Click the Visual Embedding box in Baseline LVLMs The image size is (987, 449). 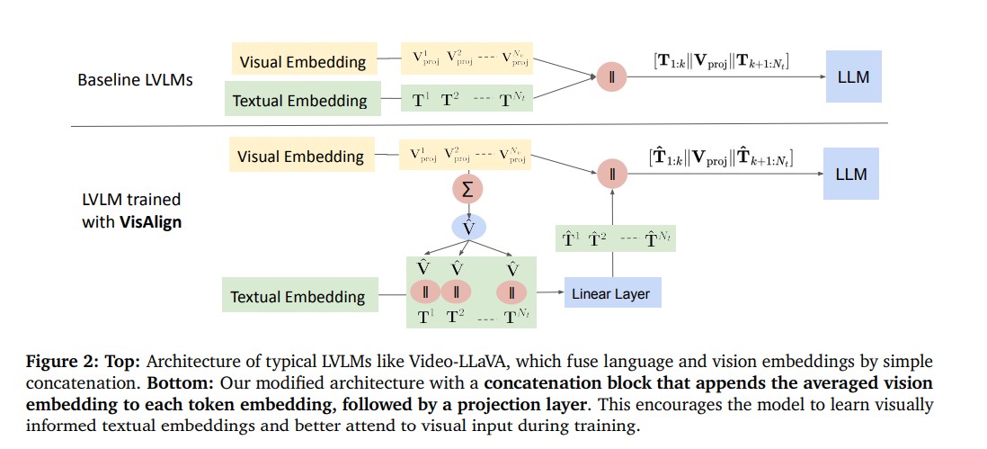(302, 61)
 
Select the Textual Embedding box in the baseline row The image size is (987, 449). (299, 100)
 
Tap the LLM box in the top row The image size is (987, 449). (852, 76)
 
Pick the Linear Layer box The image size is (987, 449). (610, 292)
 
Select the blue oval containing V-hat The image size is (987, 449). (467, 228)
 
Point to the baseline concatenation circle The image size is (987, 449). (611, 77)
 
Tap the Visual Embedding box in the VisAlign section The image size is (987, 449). (300, 156)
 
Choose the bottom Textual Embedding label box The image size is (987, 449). (298, 296)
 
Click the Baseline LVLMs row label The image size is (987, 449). (135, 80)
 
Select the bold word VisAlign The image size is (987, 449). (151, 221)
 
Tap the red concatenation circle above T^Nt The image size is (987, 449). (512, 292)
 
